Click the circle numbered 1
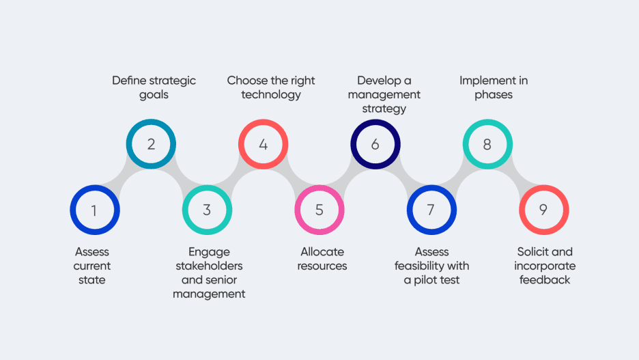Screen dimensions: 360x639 pos(95,210)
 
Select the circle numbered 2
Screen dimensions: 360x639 pos(151,144)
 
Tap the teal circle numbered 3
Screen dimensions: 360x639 pos(207,210)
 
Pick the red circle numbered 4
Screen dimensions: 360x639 pos(263,144)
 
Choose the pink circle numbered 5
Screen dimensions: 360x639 pos(319,210)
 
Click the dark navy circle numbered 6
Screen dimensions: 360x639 pos(375,144)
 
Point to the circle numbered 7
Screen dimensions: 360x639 pos(431,210)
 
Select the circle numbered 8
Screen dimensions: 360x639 pos(487,144)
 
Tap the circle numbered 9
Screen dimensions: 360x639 pos(543,210)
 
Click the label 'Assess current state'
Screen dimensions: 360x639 pos(92,266)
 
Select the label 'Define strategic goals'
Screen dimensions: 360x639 pos(154,87)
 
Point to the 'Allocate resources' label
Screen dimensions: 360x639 pos(322,259)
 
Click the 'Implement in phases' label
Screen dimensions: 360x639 pos(494,87)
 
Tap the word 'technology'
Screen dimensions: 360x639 pos(271,95)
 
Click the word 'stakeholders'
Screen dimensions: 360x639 pos(209,266)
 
